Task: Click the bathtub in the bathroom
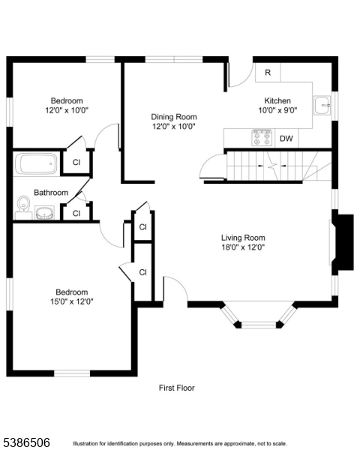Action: click(37, 163)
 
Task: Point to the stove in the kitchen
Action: click(261, 137)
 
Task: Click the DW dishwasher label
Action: click(286, 139)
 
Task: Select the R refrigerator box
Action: click(268, 73)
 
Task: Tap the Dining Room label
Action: click(173, 116)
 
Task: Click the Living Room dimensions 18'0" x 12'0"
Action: click(243, 247)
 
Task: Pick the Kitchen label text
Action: click(277, 100)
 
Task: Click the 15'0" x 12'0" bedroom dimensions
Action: click(70, 301)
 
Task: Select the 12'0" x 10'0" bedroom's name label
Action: click(67, 100)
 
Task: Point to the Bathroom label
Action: click(50, 193)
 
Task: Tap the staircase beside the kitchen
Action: click(270, 165)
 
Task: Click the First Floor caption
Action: click(176, 388)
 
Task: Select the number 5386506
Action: click(25, 442)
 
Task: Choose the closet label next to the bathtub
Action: click(76, 162)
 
